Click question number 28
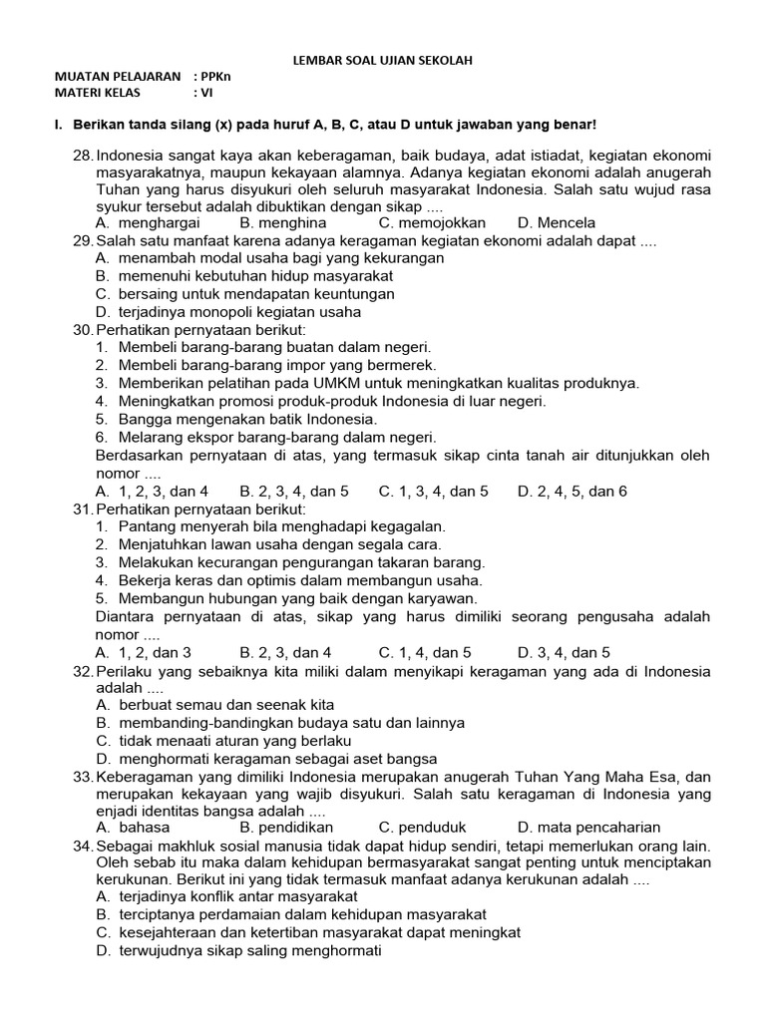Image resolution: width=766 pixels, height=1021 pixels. click(x=83, y=156)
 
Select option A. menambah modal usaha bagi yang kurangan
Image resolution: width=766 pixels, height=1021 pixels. click(x=269, y=257)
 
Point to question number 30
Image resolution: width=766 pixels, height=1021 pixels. click(x=83, y=329)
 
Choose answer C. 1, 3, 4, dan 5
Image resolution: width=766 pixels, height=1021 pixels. click(x=433, y=491)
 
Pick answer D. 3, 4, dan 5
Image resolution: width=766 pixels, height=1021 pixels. click(x=564, y=652)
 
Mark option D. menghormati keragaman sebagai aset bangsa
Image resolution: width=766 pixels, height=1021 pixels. click(x=269, y=759)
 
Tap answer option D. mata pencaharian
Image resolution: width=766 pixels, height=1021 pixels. click(x=588, y=827)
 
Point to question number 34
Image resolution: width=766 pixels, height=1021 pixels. click(x=83, y=846)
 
